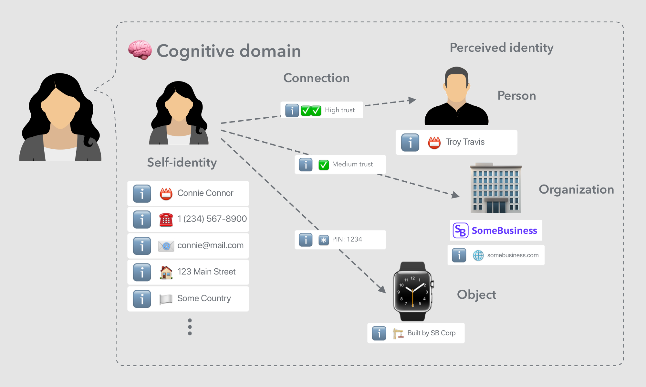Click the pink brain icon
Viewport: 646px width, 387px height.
pos(140,50)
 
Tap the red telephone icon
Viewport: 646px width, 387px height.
pos(166,220)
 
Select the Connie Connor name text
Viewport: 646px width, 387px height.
pos(205,193)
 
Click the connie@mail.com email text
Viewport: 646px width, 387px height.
pos(210,245)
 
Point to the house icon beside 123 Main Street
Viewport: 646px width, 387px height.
pos(166,272)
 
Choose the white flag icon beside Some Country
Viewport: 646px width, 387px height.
pos(166,299)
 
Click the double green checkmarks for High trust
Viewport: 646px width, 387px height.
pos(311,111)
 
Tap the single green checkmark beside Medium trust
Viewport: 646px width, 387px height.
pos(323,165)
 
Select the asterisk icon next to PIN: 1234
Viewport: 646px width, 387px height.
pos(323,240)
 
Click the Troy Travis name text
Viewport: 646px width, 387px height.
pos(465,142)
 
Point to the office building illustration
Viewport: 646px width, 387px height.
pos(495,188)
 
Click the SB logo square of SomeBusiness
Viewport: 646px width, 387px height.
pos(460,231)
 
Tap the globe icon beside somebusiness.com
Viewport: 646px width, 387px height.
pos(478,255)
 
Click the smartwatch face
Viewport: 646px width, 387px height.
pos(412,291)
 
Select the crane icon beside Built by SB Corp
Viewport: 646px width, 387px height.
pos(398,333)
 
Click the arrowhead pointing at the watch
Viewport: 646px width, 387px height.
pos(382,289)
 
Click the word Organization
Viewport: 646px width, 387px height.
pos(576,189)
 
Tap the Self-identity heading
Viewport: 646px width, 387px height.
pos(182,162)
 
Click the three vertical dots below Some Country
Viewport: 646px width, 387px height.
pos(190,327)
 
